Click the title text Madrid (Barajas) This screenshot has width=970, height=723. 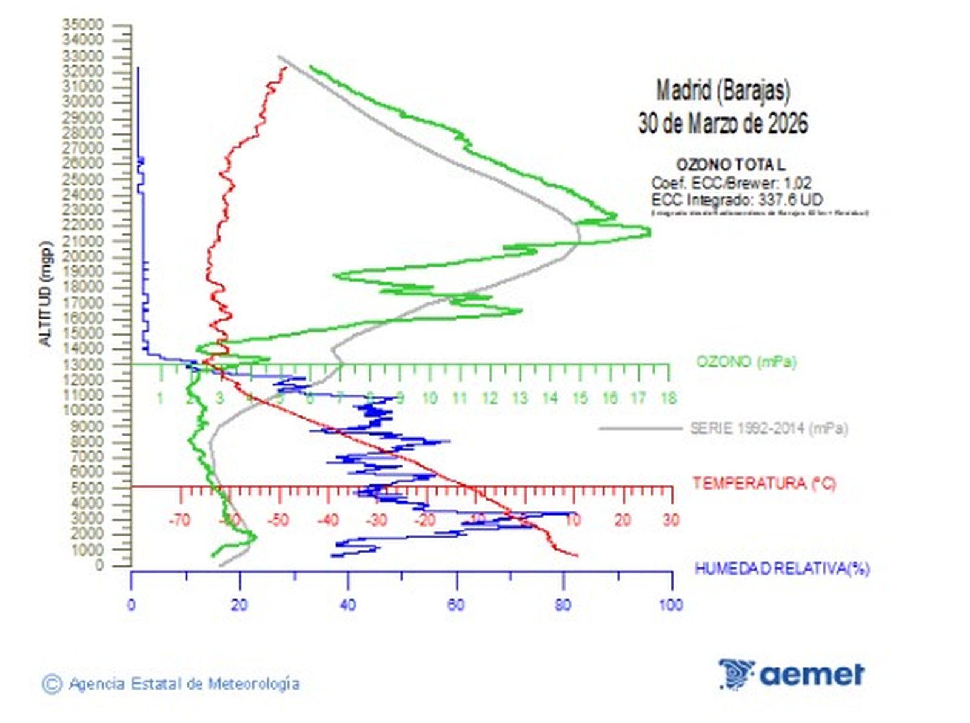(x=723, y=91)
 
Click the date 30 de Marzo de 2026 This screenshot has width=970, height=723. (x=723, y=124)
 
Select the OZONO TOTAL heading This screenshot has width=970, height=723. (x=731, y=165)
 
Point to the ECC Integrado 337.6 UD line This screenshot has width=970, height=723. (x=737, y=199)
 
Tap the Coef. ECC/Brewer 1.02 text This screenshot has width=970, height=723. (x=731, y=182)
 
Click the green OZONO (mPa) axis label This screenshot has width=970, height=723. (x=746, y=362)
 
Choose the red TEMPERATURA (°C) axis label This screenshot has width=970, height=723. (x=764, y=483)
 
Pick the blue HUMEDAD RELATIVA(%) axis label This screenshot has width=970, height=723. (x=781, y=568)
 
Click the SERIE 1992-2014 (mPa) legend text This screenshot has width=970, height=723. (x=769, y=428)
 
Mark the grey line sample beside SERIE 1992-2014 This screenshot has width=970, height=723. (x=640, y=428)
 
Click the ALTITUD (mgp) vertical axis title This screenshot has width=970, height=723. (x=45, y=293)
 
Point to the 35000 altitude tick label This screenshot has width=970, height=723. (x=82, y=24)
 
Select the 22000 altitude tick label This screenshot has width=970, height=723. (x=82, y=225)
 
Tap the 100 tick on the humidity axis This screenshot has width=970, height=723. (x=671, y=605)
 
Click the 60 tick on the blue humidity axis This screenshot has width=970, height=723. (x=456, y=605)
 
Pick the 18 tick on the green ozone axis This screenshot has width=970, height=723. (x=668, y=398)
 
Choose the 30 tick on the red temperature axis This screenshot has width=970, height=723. (x=671, y=520)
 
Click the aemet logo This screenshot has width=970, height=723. (x=791, y=674)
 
